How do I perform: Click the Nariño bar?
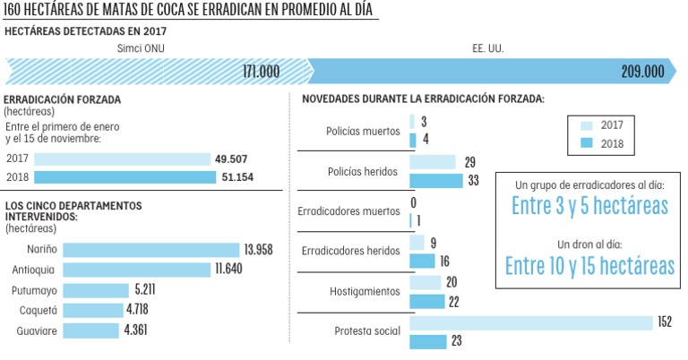pyautogui.click(x=150, y=251)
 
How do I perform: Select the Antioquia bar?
pyautogui.click(x=136, y=270)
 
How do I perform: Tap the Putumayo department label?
pyautogui.click(x=35, y=291)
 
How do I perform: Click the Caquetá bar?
pyautogui.click(x=91, y=311)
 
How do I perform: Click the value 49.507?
pyautogui.click(x=231, y=159)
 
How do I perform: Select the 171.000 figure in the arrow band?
pyautogui.click(x=262, y=71)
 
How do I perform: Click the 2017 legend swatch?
pyautogui.click(x=587, y=126)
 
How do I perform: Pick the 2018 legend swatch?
pyautogui.click(x=587, y=143)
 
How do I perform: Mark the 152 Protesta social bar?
pyautogui.click(x=530, y=322)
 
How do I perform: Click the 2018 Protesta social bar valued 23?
pyautogui.click(x=427, y=341)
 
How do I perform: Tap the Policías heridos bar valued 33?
pyautogui.click(x=436, y=180)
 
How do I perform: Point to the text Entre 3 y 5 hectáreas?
pyautogui.click(x=589, y=206)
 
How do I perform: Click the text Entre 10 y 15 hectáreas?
pyautogui.click(x=589, y=265)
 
